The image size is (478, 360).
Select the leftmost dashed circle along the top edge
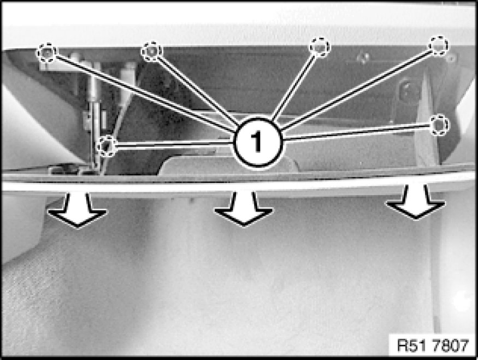[x=47, y=53]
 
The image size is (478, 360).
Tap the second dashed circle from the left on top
[x=151, y=51]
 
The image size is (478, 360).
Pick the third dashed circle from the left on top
[x=319, y=47]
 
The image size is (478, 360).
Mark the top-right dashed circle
[x=438, y=46]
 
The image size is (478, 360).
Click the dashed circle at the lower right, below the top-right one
[x=439, y=125]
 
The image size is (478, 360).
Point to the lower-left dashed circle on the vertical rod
[x=107, y=146]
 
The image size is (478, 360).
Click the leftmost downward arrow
[x=78, y=210]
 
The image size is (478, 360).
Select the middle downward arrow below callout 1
[x=244, y=209]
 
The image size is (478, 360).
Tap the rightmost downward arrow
[x=416, y=202]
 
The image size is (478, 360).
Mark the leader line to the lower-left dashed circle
[x=175, y=144]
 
